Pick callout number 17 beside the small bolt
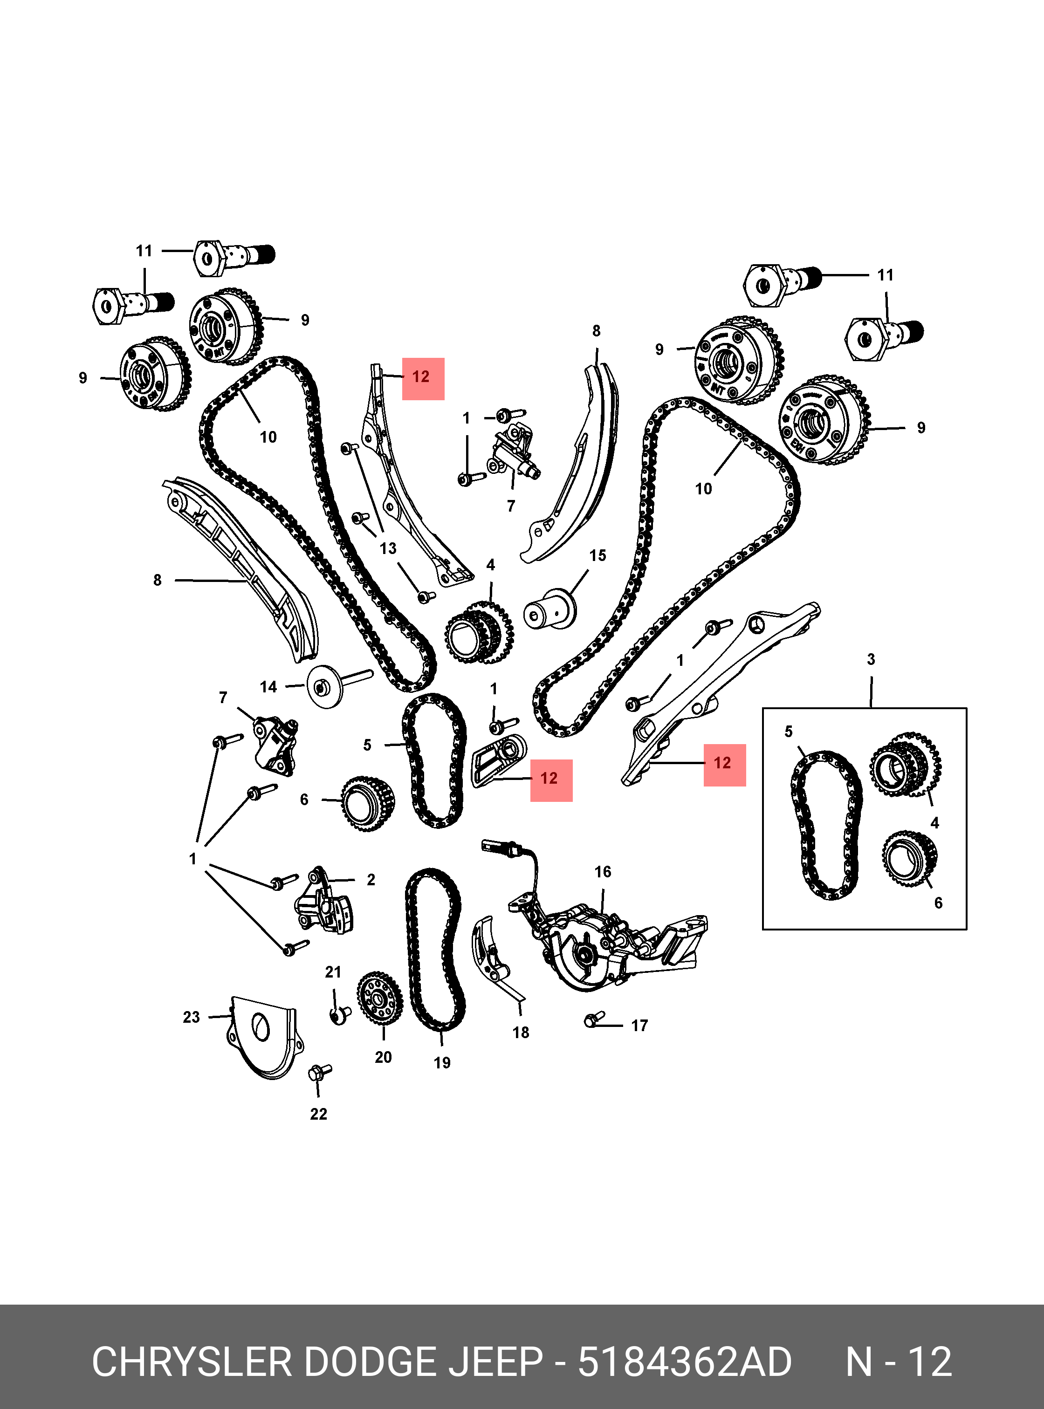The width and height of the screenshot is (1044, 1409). (639, 1025)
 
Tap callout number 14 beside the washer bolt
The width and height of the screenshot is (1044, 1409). (268, 687)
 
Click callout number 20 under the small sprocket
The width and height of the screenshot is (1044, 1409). (383, 1057)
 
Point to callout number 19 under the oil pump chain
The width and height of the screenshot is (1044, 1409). (442, 1063)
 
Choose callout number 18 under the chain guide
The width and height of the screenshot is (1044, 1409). (521, 1033)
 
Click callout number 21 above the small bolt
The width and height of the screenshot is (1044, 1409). (333, 972)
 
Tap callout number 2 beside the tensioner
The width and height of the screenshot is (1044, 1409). (371, 880)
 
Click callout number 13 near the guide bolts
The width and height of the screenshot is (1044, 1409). (388, 548)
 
